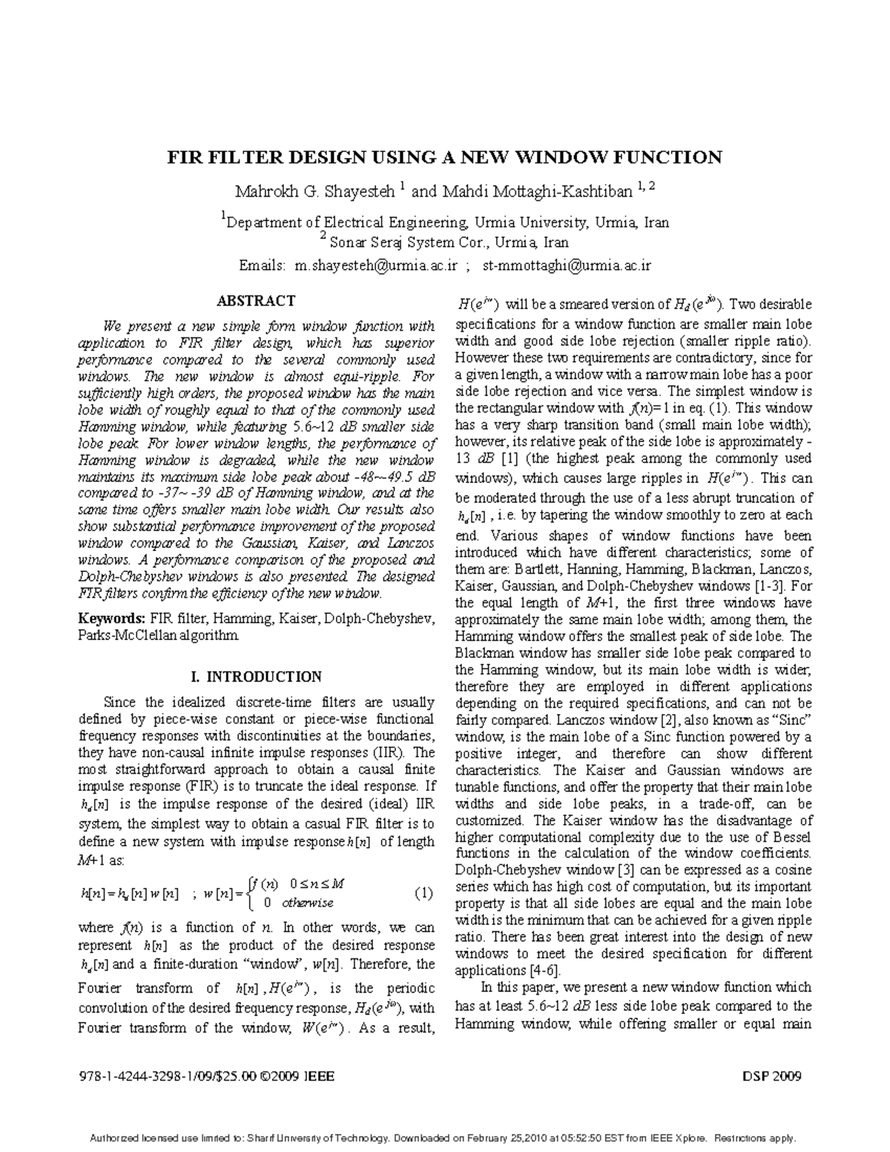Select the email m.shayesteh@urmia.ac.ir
click(376, 266)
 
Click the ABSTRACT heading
click(255, 301)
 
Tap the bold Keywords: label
click(113, 619)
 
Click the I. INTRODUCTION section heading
click(256, 677)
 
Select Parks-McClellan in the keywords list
click(127, 636)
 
